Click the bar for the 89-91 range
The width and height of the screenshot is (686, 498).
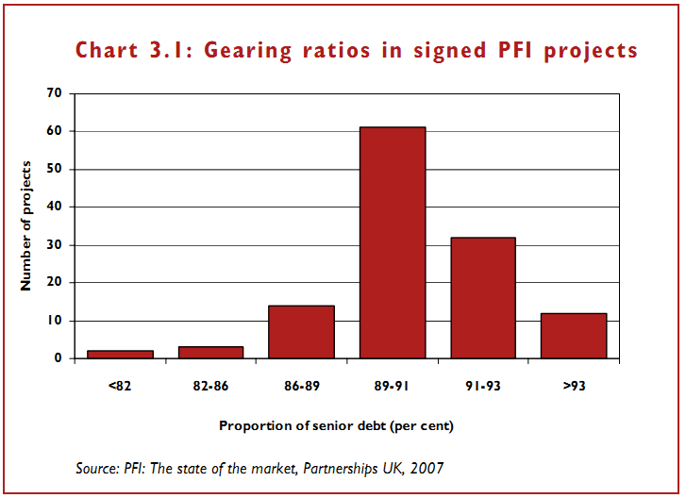[392, 242]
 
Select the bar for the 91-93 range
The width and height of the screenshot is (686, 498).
[482, 298]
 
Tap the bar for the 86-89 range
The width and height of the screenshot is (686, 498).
[301, 332]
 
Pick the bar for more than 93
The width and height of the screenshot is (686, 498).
[573, 336]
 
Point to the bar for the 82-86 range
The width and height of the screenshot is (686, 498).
[210, 353]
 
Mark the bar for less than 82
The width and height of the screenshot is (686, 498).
[120, 355]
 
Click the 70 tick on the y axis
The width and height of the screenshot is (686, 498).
[55, 93]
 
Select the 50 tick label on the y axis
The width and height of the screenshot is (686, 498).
[55, 170]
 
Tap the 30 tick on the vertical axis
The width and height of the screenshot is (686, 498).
[55, 245]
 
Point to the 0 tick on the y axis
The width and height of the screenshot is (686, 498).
[59, 358]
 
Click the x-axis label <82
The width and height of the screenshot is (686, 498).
[120, 386]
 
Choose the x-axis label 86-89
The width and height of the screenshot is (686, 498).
[301, 386]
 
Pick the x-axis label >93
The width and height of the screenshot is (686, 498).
[573, 386]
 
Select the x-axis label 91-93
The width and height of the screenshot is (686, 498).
[482, 386]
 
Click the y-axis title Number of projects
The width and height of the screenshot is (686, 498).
[27, 225]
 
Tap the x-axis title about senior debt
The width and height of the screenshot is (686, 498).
[336, 425]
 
